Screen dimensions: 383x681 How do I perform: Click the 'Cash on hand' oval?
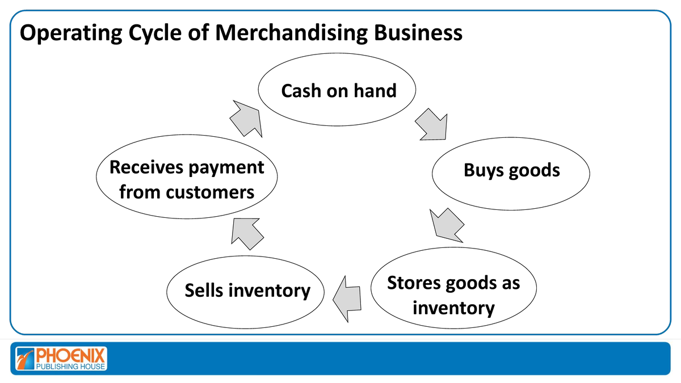pos(338,90)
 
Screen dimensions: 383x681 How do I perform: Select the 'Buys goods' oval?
pos(511,170)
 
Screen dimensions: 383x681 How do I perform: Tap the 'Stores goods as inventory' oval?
pos(453,295)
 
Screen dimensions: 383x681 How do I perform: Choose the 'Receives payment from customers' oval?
pos(187,179)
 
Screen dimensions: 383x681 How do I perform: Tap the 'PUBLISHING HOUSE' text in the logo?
pos(70,367)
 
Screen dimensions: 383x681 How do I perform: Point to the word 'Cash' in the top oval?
pos(301,90)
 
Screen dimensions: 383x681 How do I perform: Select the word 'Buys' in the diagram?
pos(483,170)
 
